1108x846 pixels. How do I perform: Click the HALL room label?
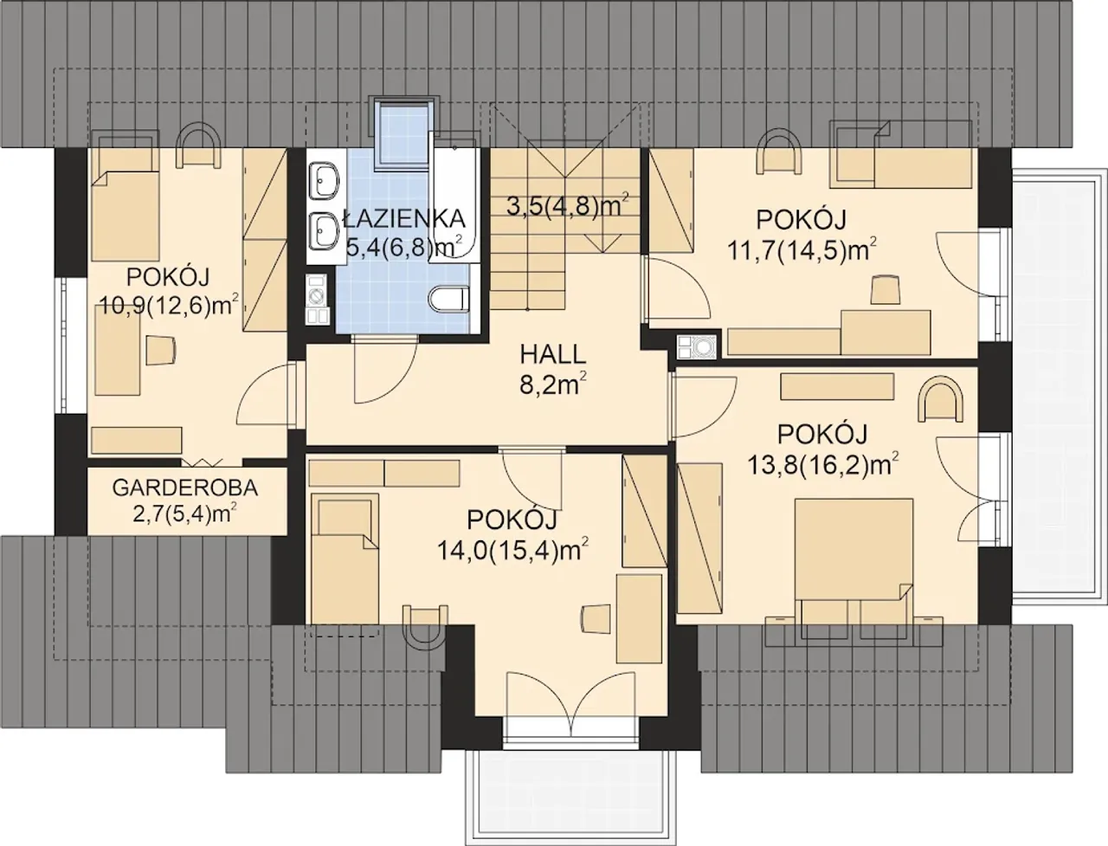[553, 355]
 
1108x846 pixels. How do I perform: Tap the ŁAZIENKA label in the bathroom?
[404, 220]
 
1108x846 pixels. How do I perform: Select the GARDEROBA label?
[184, 488]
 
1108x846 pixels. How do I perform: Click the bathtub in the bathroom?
[454, 197]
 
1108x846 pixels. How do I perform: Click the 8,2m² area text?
[553, 385]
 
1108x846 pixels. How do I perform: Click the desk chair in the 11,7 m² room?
[886, 289]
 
